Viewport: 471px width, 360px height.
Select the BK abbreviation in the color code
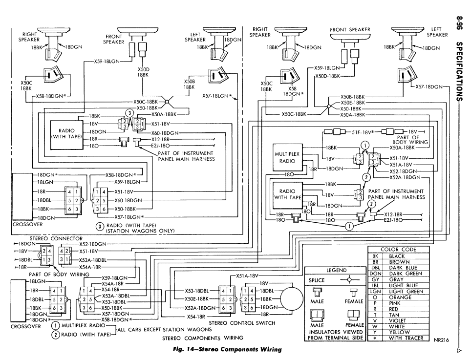click(375, 256)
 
